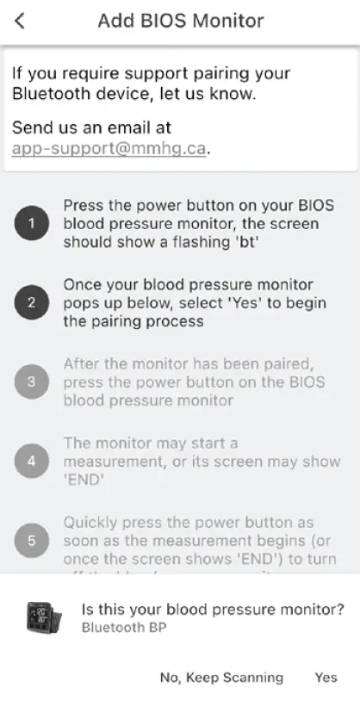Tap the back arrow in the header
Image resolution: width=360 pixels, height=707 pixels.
tap(20, 21)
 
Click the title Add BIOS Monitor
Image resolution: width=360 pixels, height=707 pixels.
tap(180, 21)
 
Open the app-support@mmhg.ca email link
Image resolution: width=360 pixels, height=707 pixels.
tap(109, 147)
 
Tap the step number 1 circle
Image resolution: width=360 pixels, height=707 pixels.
tap(31, 224)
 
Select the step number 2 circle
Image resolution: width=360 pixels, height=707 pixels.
tap(31, 303)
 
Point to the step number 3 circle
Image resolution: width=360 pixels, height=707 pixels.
tap(31, 382)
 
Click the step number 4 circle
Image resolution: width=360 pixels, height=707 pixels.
tap(31, 462)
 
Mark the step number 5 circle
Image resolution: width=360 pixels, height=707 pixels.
tap(31, 541)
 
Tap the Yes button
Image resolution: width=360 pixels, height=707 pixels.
tap(326, 678)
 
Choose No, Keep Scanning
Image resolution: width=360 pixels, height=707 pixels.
tap(221, 678)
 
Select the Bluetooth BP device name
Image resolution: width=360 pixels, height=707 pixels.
tap(124, 628)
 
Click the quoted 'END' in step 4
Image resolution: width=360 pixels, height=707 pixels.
tap(81, 480)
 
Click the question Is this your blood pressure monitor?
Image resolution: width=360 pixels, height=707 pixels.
tap(213, 610)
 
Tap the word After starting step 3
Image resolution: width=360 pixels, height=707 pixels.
tap(84, 364)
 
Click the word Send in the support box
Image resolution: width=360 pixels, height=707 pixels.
tap(31, 127)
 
